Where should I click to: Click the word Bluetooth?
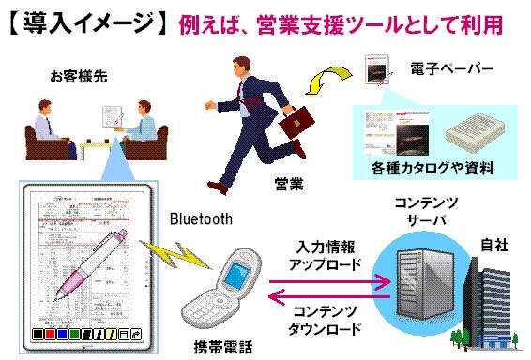point(200,218)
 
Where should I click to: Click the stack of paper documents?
point(478,134)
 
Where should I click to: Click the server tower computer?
point(418,276)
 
